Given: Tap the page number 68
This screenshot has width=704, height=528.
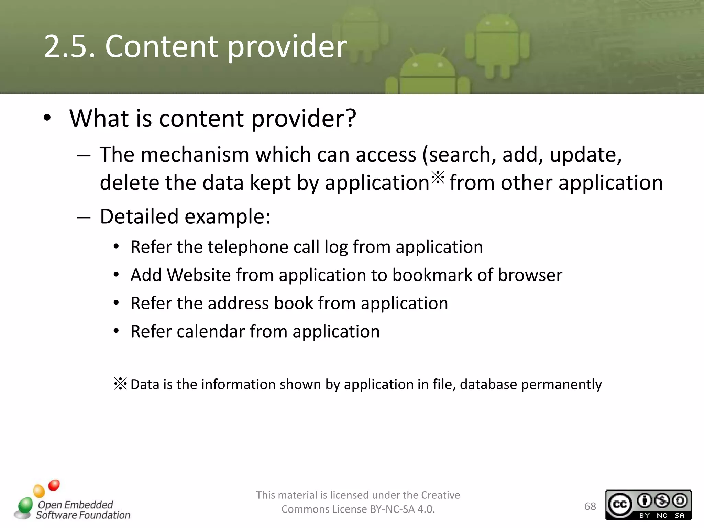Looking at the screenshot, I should tap(590, 506).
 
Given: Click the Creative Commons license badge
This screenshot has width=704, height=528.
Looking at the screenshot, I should tap(648, 504).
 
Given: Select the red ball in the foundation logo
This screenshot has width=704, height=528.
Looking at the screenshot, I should tap(54, 485).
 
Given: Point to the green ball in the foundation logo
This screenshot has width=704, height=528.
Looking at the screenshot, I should tap(25, 506).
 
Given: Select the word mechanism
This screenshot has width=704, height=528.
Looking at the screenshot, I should tap(195, 155).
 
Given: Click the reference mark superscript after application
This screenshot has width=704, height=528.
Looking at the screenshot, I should tap(438, 177).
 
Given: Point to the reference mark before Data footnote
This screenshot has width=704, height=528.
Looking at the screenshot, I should tap(120, 384).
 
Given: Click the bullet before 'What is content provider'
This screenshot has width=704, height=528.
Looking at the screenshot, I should tap(47, 118).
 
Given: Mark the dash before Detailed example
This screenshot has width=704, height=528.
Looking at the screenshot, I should tap(84, 217).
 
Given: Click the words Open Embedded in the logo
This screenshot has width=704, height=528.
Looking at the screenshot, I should tap(75, 505).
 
